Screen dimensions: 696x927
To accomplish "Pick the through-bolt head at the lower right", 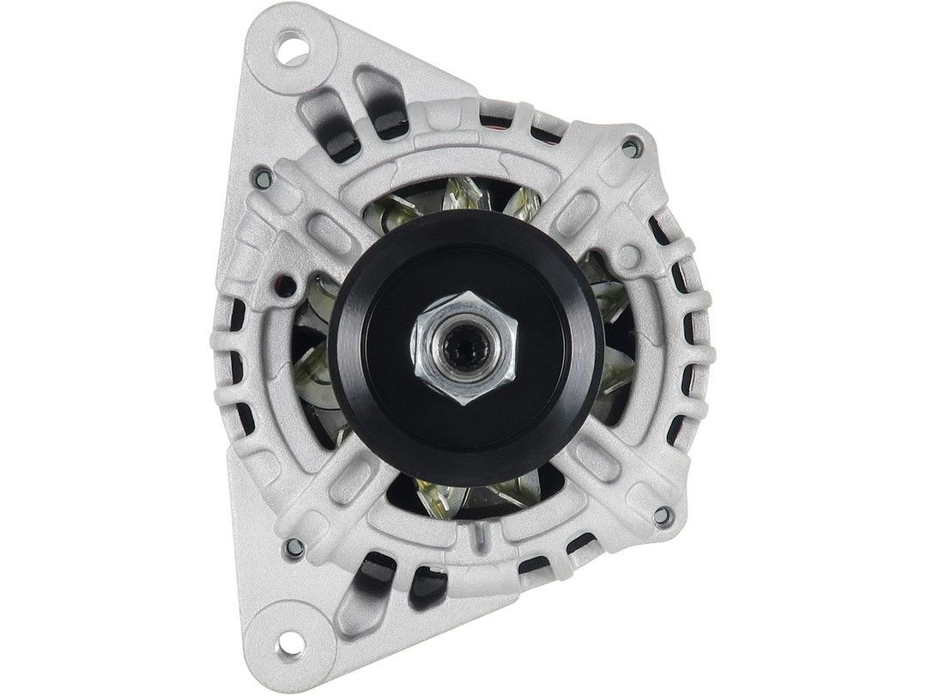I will tap(660, 516).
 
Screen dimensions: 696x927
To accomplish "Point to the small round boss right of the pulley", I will tap(630, 256).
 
